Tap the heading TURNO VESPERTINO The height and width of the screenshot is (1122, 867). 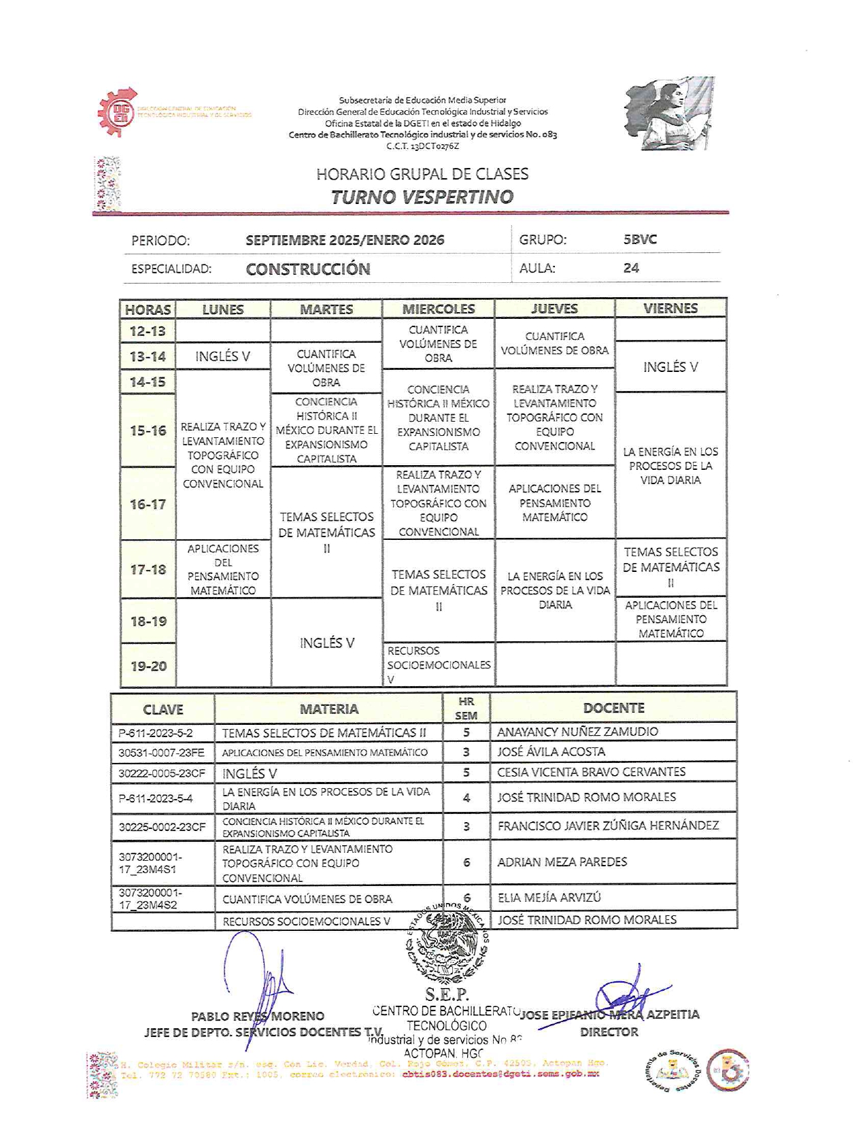click(x=422, y=197)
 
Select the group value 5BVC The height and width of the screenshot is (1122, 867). click(x=640, y=239)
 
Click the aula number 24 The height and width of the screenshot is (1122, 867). click(x=631, y=268)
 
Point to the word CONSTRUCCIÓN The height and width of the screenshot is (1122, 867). click(x=308, y=269)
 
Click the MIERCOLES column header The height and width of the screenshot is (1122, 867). click(x=439, y=309)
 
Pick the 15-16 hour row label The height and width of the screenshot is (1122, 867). click(x=148, y=430)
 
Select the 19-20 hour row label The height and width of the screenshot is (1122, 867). click(x=148, y=666)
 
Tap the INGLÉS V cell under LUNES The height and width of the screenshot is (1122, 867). click(x=222, y=356)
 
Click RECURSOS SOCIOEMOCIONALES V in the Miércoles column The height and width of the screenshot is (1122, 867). click(x=439, y=664)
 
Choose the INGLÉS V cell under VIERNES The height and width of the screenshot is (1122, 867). click(x=670, y=367)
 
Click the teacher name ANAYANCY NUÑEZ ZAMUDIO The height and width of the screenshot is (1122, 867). click(x=577, y=732)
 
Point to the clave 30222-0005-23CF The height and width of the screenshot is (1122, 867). click(x=162, y=773)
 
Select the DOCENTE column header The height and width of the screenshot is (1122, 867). click(x=613, y=708)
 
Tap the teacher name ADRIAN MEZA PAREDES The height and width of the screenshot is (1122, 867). click(x=562, y=862)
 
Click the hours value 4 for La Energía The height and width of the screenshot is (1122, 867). click(x=466, y=798)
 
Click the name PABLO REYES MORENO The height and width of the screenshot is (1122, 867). click(x=257, y=1017)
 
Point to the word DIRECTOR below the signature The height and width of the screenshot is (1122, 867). click(x=609, y=1032)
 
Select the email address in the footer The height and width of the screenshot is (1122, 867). click(x=500, y=1074)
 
